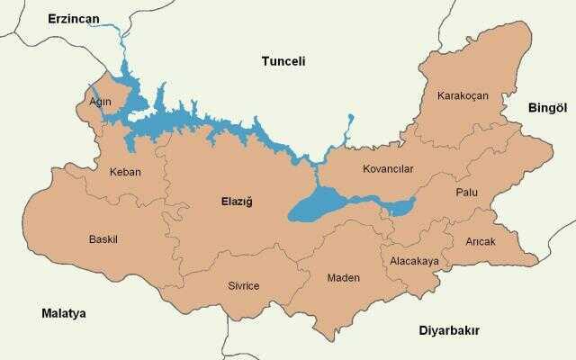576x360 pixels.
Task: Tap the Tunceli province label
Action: [x=283, y=61]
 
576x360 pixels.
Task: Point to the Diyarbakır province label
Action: [x=449, y=330]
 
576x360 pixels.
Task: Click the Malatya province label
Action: [x=63, y=313]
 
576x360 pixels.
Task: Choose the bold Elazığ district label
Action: [x=237, y=202]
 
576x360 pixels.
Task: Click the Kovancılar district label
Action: [x=388, y=169]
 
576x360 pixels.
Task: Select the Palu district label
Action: [x=466, y=193]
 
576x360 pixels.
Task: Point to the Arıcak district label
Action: [x=481, y=241]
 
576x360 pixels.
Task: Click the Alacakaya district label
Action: [x=414, y=261]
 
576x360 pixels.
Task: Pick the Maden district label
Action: [x=343, y=277]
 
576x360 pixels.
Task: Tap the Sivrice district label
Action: [x=243, y=285]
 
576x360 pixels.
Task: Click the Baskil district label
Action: [x=103, y=239]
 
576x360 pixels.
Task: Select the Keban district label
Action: [x=124, y=172]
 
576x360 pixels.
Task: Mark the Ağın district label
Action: [x=100, y=102]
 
